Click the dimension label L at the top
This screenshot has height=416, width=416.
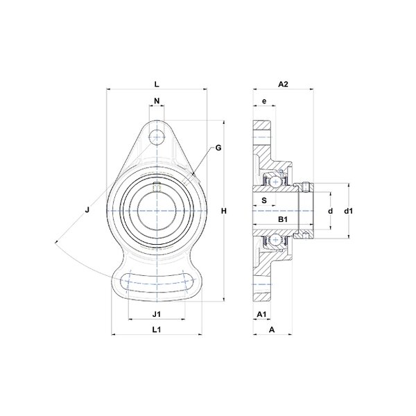[x=157, y=85]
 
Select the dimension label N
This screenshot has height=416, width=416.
[x=157, y=101]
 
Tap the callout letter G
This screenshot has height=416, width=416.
[x=218, y=148]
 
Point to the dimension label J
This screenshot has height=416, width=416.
[x=87, y=210]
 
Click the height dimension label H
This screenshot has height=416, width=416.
[x=224, y=211]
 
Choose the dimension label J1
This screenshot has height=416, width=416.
[x=157, y=314]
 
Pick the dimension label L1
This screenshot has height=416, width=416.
[x=157, y=330]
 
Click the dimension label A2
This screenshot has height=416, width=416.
[x=283, y=85]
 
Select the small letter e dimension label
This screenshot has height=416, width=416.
[x=264, y=101]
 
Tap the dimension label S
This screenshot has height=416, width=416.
[x=264, y=200]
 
